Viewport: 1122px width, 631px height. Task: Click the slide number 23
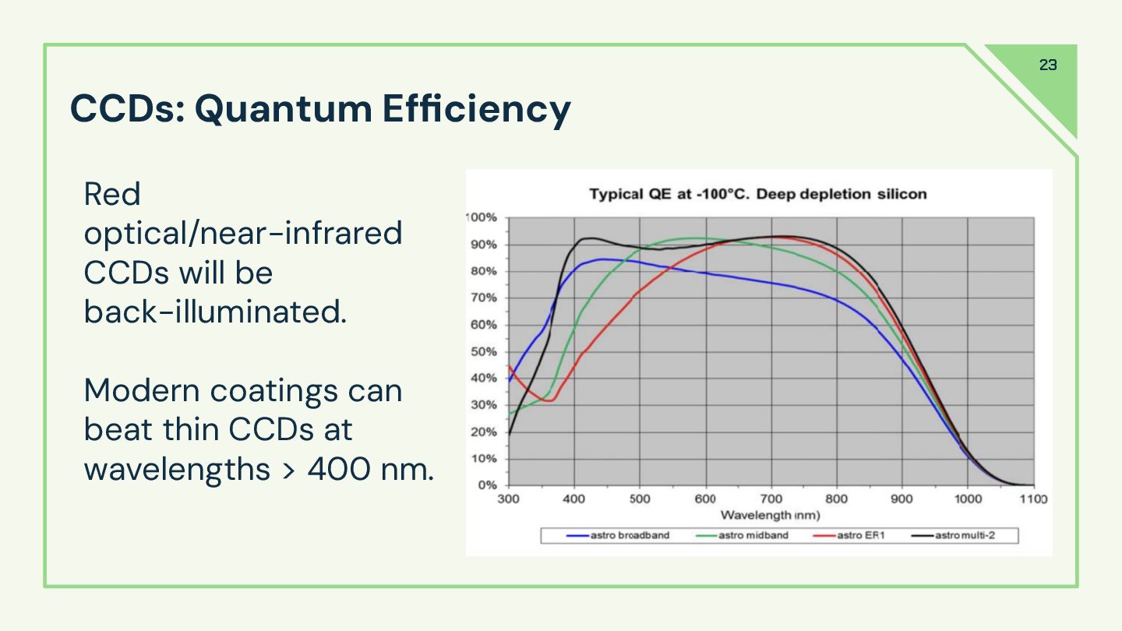(1048, 65)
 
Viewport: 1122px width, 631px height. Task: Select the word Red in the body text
(111, 194)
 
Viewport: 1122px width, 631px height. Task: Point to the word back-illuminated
(214, 312)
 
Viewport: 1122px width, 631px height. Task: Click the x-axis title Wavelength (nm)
(770, 515)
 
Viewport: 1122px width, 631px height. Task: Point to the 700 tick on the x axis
(771, 499)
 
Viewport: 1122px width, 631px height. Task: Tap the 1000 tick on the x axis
(968, 499)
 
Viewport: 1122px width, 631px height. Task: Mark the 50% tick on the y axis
(483, 351)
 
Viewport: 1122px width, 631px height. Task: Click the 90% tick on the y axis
(483, 245)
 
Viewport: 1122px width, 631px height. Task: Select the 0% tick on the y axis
(486, 485)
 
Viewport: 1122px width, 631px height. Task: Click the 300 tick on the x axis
(508, 499)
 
